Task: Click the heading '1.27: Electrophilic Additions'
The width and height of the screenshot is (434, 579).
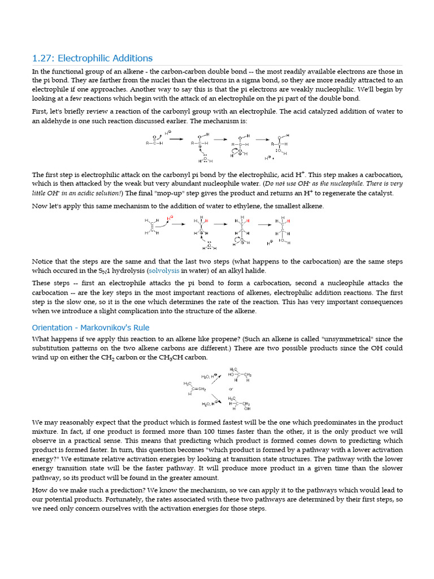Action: pyautogui.click(x=92, y=58)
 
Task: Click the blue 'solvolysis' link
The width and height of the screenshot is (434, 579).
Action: pyautogui.click(x=164, y=271)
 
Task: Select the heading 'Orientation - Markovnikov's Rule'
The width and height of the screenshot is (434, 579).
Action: pyautogui.click(x=90, y=327)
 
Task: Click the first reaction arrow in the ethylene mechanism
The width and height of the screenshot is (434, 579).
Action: pyautogui.click(x=179, y=224)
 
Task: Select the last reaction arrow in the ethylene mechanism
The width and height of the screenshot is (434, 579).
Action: pyautogui.click(x=265, y=224)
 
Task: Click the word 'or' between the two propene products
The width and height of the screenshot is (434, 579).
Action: pyautogui.click(x=231, y=389)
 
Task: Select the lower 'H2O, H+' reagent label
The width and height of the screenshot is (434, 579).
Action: pyautogui.click(x=210, y=404)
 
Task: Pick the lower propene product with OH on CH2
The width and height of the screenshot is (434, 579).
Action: pyautogui.click(x=240, y=403)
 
